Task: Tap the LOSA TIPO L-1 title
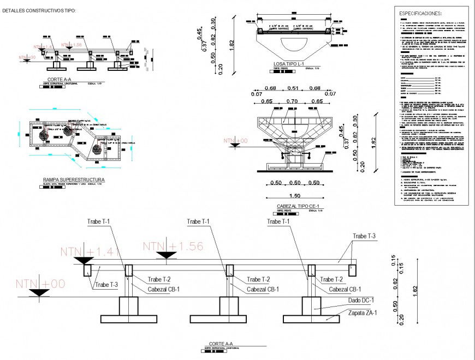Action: [288, 64]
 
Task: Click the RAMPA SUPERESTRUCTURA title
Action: [74, 179]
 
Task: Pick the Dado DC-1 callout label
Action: [360, 301]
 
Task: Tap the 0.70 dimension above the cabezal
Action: [293, 101]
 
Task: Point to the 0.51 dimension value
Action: [293, 88]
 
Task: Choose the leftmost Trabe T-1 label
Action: [98, 221]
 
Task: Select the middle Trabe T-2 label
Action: [258, 280]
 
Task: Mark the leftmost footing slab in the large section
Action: [129, 319]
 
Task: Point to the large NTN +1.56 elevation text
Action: [173, 246]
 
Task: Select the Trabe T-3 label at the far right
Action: [364, 236]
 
